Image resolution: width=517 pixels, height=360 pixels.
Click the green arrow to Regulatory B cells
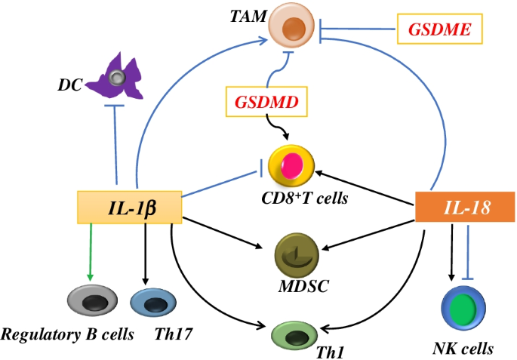pyautogui.click(x=90, y=253)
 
